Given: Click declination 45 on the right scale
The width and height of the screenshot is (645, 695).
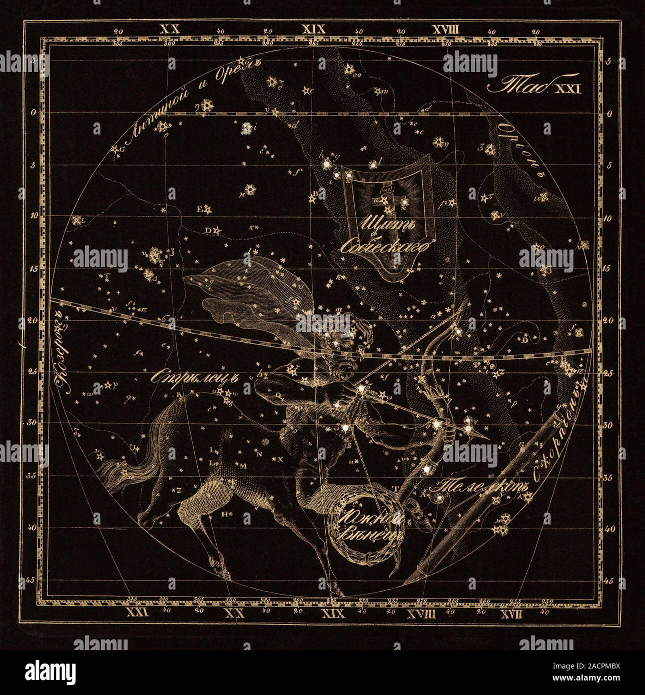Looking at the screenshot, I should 609,581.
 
